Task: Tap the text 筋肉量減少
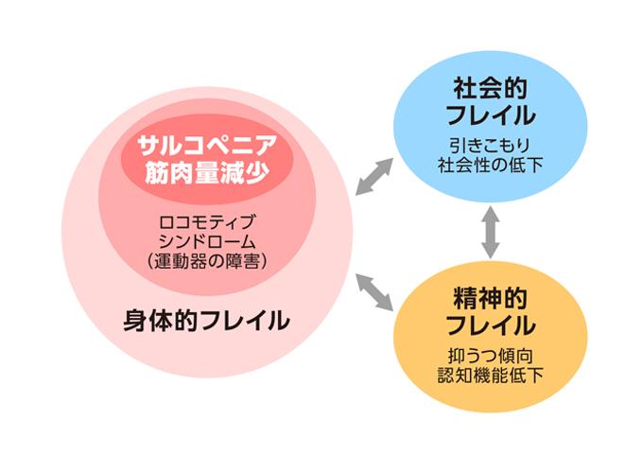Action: click(x=207, y=173)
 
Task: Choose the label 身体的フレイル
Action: click(x=207, y=321)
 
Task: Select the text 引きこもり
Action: click(x=490, y=147)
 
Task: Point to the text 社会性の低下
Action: click(x=490, y=166)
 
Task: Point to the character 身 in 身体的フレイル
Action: click(x=135, y=321)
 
